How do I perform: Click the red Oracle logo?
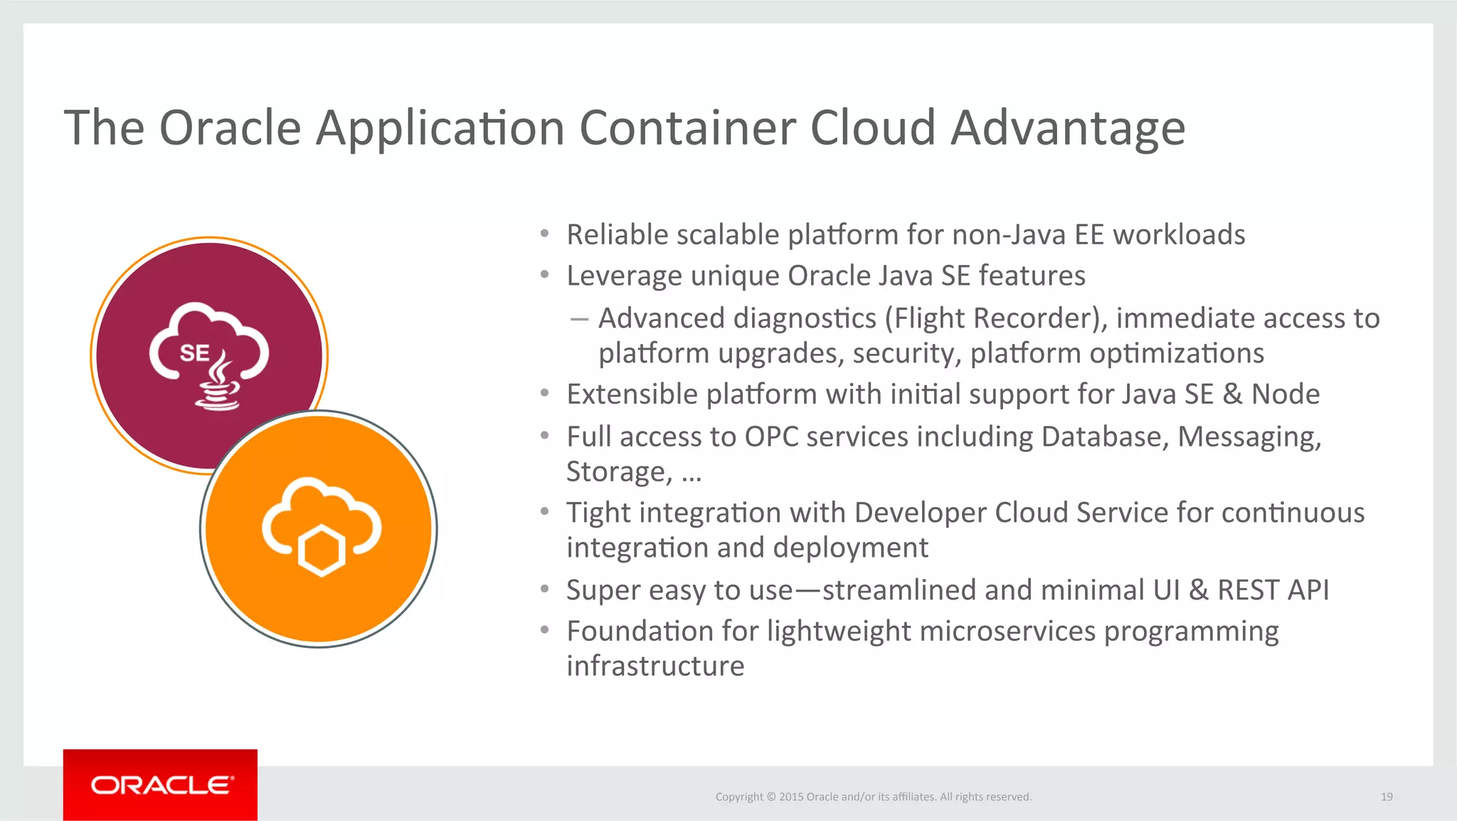tap(160, 785)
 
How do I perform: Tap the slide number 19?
tap(1387, 797)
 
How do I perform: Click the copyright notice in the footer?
tap(873, 797)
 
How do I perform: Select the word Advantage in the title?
tap(1068, 128)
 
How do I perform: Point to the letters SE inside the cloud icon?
tap(194, 353)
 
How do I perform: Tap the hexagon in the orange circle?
tap(322, 550)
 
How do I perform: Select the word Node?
tap(1286, 394)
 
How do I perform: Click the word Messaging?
tap(1249, 436)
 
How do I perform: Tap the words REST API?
tap(1273, 590)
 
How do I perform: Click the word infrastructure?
tap(655, 666)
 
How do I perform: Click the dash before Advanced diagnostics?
tap(579, 319)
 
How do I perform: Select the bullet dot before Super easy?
tap(544, 589)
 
